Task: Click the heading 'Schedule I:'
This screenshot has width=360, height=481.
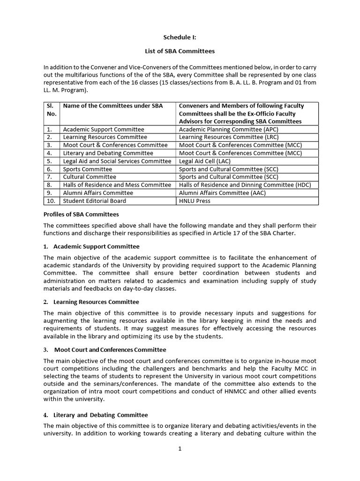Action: tap(180, 37)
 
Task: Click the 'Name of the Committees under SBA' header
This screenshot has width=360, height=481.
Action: tap(113, 106)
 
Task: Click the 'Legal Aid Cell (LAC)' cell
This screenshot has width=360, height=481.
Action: tap(205, 161)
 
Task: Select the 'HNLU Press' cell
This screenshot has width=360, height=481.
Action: tap(195, 201)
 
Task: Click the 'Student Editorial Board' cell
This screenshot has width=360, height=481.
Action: tap(94, 201)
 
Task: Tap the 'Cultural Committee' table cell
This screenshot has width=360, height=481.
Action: tap(90, 177)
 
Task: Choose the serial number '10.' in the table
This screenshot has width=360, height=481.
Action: tap(52, 201)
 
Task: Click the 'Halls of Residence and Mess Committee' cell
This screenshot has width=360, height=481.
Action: tap(117, 185)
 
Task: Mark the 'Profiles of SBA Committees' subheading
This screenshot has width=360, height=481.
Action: tap(81, 214)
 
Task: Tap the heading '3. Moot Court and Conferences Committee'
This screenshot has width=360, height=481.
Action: tap(105, 349)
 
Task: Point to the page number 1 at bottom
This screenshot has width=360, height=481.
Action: tap(180, 449)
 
